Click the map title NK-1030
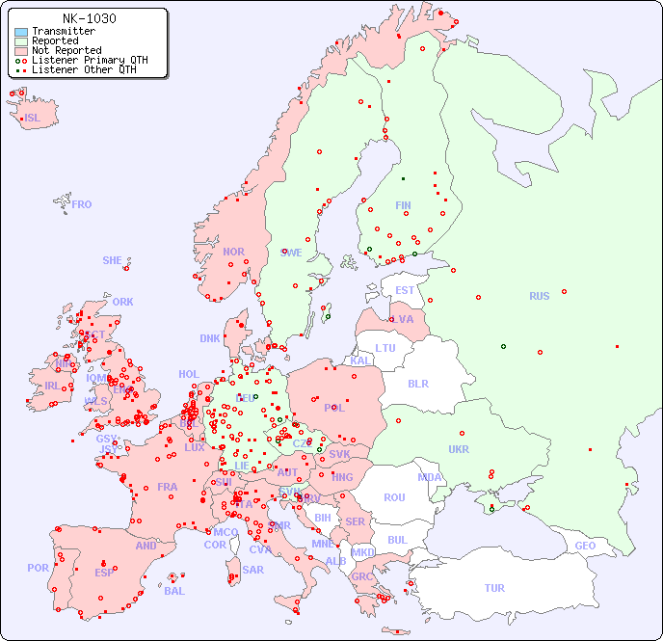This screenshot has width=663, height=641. [x=89, y=18]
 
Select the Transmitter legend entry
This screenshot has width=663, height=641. [x=63, y=32]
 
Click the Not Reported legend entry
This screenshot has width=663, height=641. [x=66, y=50]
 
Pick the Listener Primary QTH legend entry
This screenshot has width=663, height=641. [x=90, y=60]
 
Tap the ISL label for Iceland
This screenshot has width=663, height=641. [x=33, y=119]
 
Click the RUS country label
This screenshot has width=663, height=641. [x=539, y=296]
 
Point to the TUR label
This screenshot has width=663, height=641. [x=494, y=588]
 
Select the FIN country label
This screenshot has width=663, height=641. [x=403, y=205]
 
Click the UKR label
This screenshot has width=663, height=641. [x=459, y=449]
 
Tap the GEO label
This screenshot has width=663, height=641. [x=585, y=546]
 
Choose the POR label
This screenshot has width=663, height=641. [x=38, y=568]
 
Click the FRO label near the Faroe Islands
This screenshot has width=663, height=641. [x=82, y=204]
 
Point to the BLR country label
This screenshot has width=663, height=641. [x=417, y=383]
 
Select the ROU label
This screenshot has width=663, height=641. [x=394, y=497]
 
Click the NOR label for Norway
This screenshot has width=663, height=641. [x=233, y=252]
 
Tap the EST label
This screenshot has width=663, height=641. [x=405, y=290]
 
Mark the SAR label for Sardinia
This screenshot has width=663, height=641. [x=252, y=570]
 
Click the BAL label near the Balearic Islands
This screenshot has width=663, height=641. [x=173, y=591]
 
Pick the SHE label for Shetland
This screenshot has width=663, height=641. [x=113, y=260]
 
